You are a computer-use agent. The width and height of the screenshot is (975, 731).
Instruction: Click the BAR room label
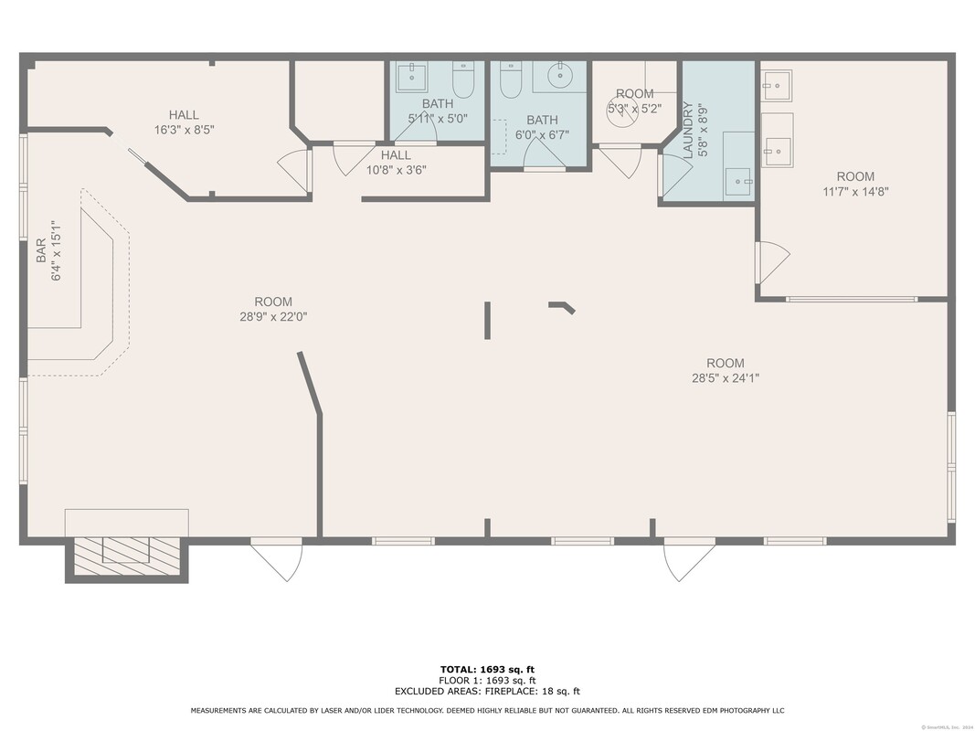[41, 250]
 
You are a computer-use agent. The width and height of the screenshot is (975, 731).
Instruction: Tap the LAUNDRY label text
[688, 130]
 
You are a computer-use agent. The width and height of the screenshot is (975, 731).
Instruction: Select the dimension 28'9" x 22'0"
[273, 316]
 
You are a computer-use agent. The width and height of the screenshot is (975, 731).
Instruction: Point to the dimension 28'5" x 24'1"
[726, 378]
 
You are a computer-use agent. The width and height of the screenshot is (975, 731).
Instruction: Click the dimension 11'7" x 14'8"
[855, 192]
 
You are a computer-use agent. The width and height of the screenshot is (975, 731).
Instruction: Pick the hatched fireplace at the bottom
[127, 556]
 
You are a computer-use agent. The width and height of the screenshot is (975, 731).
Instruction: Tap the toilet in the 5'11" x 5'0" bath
[463, 79]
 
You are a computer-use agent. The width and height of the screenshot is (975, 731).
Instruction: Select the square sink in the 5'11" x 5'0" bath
[411, 77]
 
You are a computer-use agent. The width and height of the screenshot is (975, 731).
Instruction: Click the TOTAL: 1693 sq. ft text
[488, 670]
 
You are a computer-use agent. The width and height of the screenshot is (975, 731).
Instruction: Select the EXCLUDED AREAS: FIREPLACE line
[488, 691]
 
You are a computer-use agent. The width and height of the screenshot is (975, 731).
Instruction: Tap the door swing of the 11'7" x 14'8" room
[773, 261]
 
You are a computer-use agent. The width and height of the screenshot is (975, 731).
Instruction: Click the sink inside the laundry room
[738, 182]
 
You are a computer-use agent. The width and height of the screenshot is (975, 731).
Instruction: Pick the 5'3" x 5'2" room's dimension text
[634, 108]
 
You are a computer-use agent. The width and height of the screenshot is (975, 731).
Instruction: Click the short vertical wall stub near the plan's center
[488, 321]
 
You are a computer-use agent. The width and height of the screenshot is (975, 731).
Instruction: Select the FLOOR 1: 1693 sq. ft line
[488, 681]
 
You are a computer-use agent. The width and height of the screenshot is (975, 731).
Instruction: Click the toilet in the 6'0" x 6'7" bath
[511, 79]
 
